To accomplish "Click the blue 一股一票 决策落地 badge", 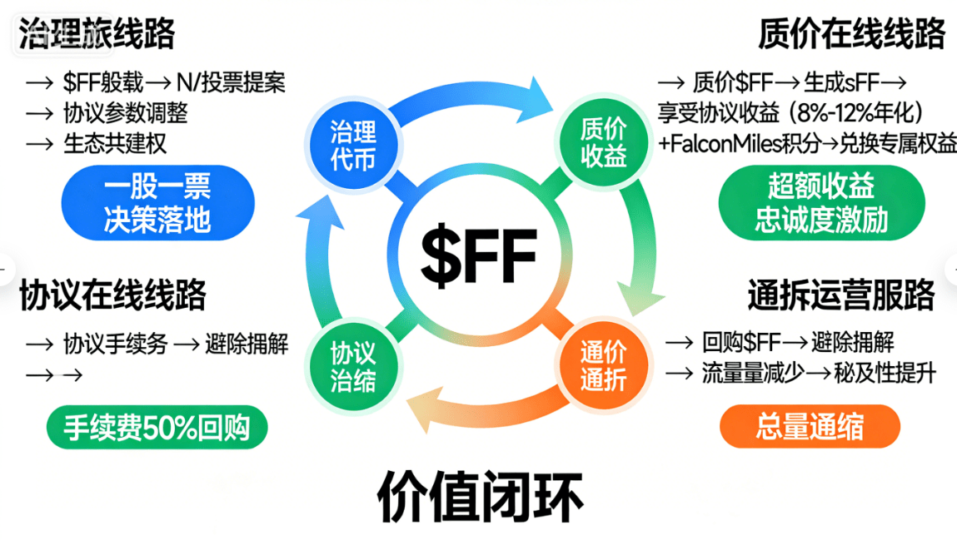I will (157, 202).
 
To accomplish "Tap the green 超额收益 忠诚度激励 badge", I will (821, 204).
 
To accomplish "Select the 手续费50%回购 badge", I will (157, 427).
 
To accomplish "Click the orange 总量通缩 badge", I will (810, 427).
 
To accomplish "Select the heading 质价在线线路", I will (851, 34).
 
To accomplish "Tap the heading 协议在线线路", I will (113, 295).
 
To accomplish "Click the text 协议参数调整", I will (125, 112).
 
